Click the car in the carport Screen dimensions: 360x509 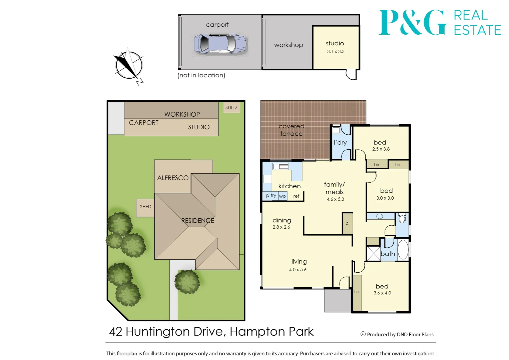click(x=220, y=44)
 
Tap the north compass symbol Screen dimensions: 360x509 click(x=129, y=66)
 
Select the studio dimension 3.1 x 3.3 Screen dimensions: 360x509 click(x=336, y=51)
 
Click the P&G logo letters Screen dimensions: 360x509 click(x=413, y=22)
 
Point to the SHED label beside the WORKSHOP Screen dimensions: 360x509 click(x=231, y=107)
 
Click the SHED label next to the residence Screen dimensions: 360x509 click(x=145, y=207)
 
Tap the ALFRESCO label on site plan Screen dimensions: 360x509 click(x=173, y=178)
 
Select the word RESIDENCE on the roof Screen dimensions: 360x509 click(x=197, y=221)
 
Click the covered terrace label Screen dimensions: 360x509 click(x=291, y=130)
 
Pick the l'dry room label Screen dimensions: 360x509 click(x=340, y=142)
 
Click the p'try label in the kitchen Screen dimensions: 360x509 click(x=271, y=195)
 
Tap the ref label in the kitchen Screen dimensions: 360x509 click(x=296, y=196)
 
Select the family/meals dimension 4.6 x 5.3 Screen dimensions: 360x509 click(x=335, y=199)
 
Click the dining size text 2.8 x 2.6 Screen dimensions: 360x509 click(x=281, y=227)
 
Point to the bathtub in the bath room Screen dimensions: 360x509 click(x=403, y=249)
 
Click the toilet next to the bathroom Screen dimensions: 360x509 click(x=402, y=218)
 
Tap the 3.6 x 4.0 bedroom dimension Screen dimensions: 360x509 click(x=382, y=293)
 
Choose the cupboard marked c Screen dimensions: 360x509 click(x=347, y=223)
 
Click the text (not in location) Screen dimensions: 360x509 click(x=201, y=75)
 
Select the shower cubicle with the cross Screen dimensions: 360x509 click(x=373, y=253)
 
